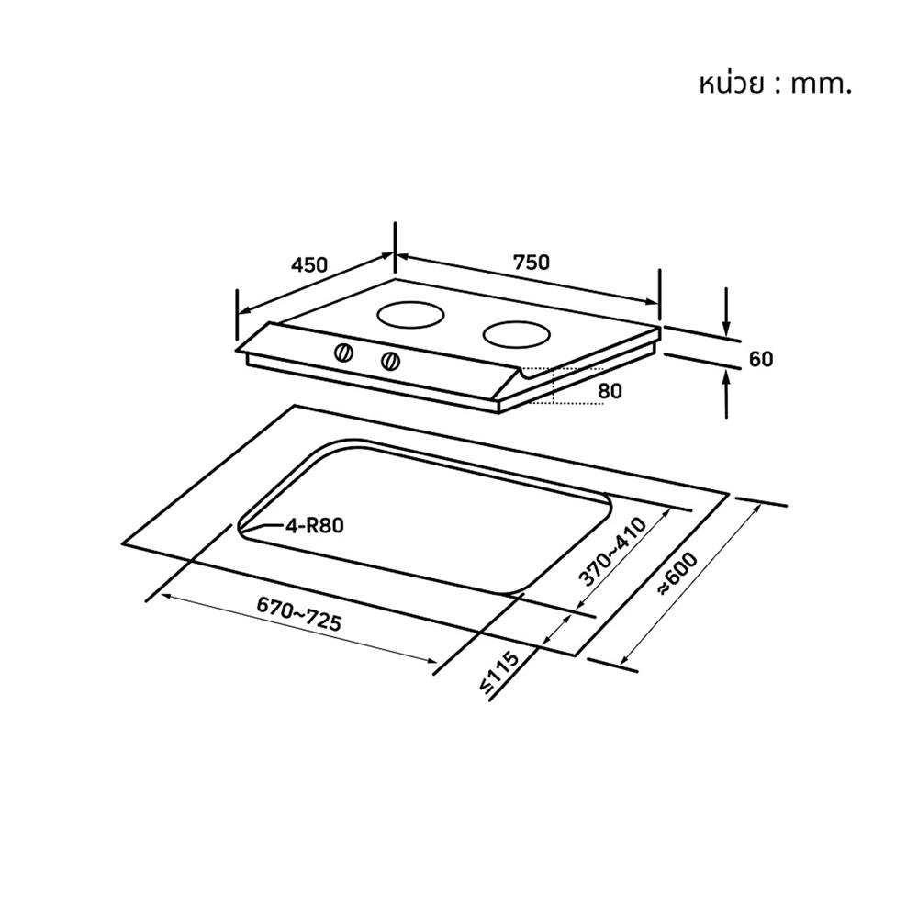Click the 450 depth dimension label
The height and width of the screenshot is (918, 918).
(309, 265)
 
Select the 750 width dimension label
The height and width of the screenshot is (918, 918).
(532, 263)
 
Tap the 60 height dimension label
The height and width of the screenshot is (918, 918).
(760, 359)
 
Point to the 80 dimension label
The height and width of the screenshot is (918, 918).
(610, 391)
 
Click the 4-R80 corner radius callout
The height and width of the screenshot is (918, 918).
(314, 526)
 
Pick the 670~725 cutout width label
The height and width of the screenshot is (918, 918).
(299, 613)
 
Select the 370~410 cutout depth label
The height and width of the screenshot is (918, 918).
(612, 551)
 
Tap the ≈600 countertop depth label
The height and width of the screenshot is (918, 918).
(678, 574)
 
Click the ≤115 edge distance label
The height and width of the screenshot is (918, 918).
(498, 672)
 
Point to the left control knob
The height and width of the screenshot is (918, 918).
(343, 353)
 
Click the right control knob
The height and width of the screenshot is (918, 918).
(390, 361)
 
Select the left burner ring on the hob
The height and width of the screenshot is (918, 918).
(411, 316)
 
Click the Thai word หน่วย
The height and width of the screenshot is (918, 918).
(732, 84)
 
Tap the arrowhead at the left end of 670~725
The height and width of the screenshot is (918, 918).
(166, 597)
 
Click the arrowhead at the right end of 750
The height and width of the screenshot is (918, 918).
(652, 301)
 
